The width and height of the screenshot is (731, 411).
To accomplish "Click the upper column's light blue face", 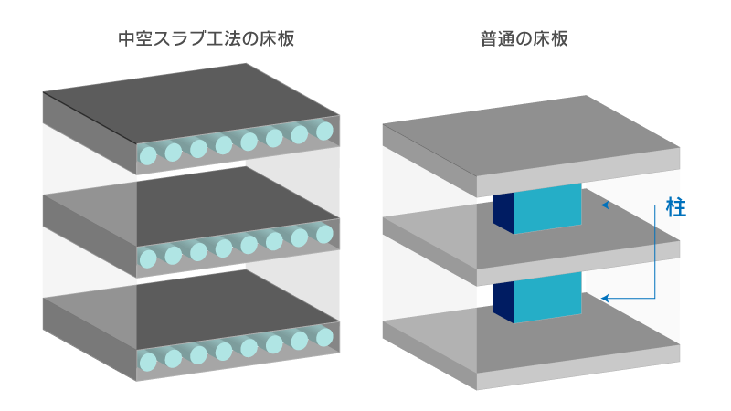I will pos(547,209).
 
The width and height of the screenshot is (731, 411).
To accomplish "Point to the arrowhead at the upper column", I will pos(604,205).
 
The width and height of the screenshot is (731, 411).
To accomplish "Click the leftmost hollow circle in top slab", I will pos(148,156).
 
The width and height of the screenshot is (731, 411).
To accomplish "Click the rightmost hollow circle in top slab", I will pos(325,132).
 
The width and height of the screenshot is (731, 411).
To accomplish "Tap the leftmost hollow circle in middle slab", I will pos(148,259).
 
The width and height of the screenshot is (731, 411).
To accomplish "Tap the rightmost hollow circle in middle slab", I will pos(325,235).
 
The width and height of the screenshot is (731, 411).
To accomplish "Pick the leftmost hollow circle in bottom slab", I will pos(148,362).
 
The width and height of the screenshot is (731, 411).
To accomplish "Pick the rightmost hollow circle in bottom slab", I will pos(325,337).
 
